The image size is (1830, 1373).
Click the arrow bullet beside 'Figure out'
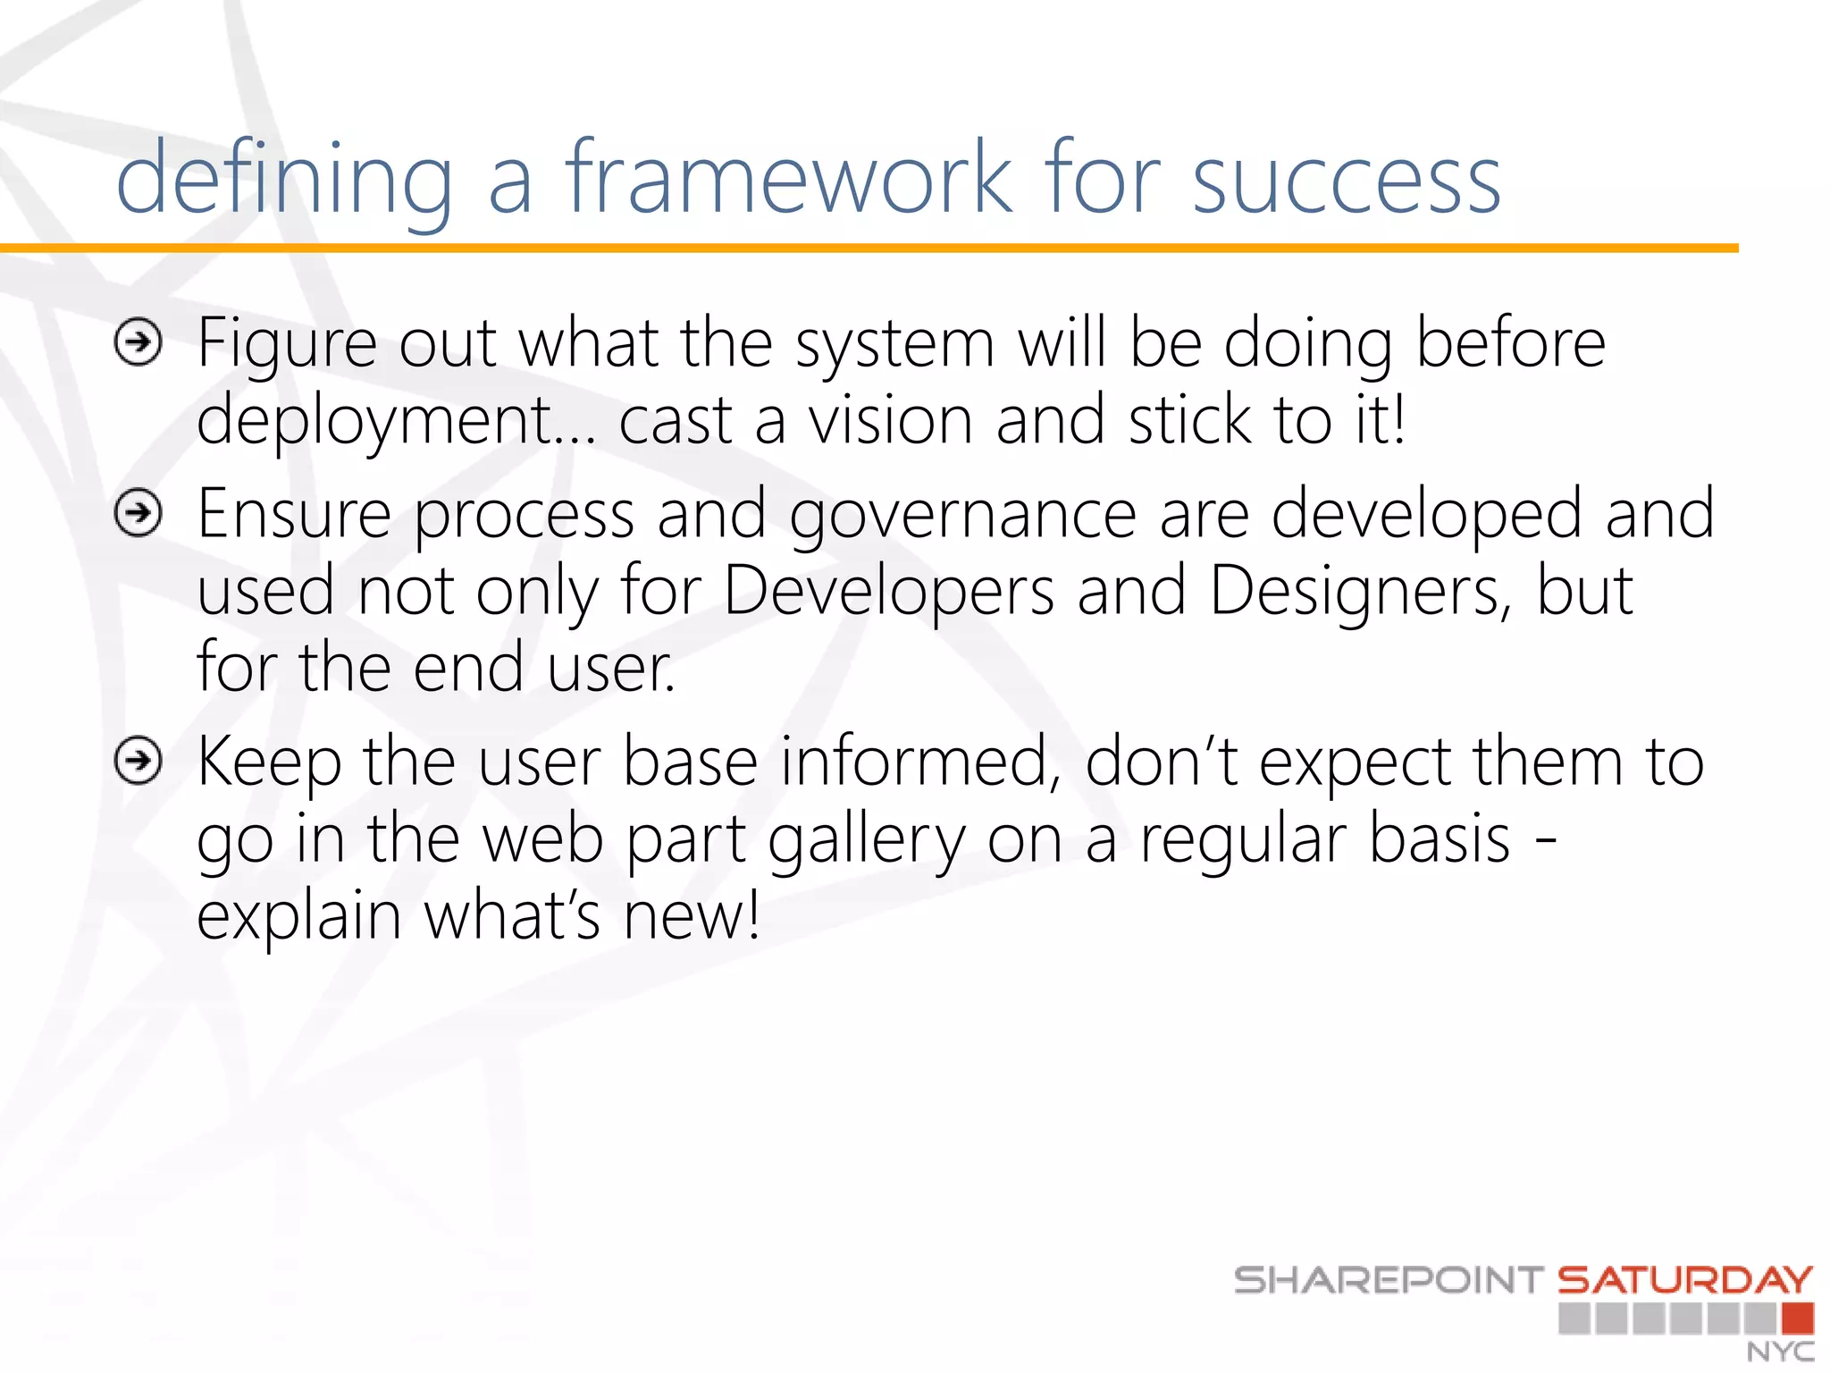point(139,342)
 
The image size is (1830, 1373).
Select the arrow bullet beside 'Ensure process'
point(139,513)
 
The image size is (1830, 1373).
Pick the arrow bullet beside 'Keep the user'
point(139,761)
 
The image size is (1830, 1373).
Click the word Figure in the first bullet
point(287,344)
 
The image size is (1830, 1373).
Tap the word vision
point(890,420)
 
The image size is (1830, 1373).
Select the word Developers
point(888,592)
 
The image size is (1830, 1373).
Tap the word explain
point(298,918)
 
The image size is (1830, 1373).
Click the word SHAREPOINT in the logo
point(1388,1280)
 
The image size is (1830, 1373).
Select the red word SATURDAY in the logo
point(1685,1280)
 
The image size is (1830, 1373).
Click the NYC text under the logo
point(1780,1352)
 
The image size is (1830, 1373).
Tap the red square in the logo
point(1798,1318)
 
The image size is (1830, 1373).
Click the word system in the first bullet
point(894,344)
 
